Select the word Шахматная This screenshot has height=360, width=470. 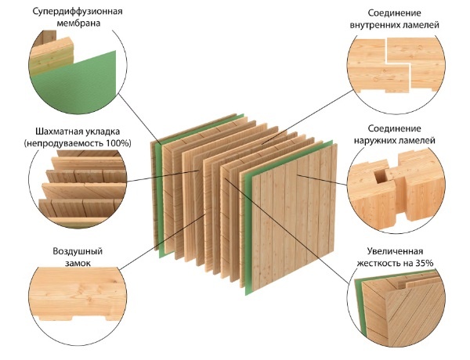[x=56, y=131]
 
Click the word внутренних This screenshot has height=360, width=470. [x=375, y=25]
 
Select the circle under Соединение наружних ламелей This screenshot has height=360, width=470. [x=392, y=184]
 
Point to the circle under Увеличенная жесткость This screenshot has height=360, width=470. [x=392, y=310]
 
